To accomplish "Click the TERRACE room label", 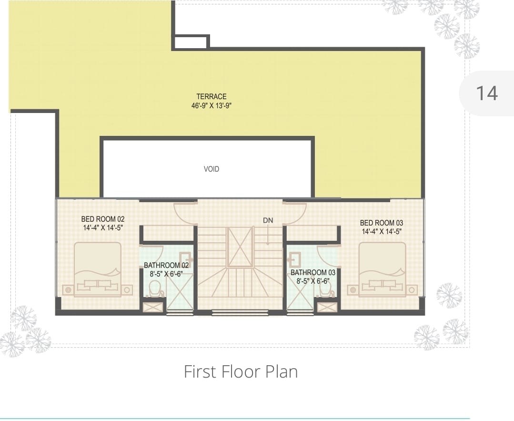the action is pos(212,96).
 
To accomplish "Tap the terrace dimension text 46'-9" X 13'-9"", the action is pos(212,106).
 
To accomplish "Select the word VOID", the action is pos(212,169).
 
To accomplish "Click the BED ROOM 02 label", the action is pos(103,219).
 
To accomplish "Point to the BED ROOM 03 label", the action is pos(382,223).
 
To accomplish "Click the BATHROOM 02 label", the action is pos(167,265).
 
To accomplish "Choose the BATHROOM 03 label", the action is pos(313,272).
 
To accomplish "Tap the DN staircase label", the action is pos(268,220).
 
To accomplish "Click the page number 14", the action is pos(487,93).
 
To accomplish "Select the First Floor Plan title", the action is pos(241,372).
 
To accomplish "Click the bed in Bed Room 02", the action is pos(98,270).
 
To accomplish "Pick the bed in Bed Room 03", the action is pos(382,270).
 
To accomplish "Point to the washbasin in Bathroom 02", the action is pos(185,259).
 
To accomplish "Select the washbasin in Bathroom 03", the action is pos(294,259).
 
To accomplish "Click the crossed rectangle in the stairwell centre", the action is pos(240,247).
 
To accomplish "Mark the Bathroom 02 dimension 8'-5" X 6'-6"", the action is pos(166,274).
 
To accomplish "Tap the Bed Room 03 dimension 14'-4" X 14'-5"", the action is pos(382,232).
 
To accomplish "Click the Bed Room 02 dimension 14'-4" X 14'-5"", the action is pos(103,228).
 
